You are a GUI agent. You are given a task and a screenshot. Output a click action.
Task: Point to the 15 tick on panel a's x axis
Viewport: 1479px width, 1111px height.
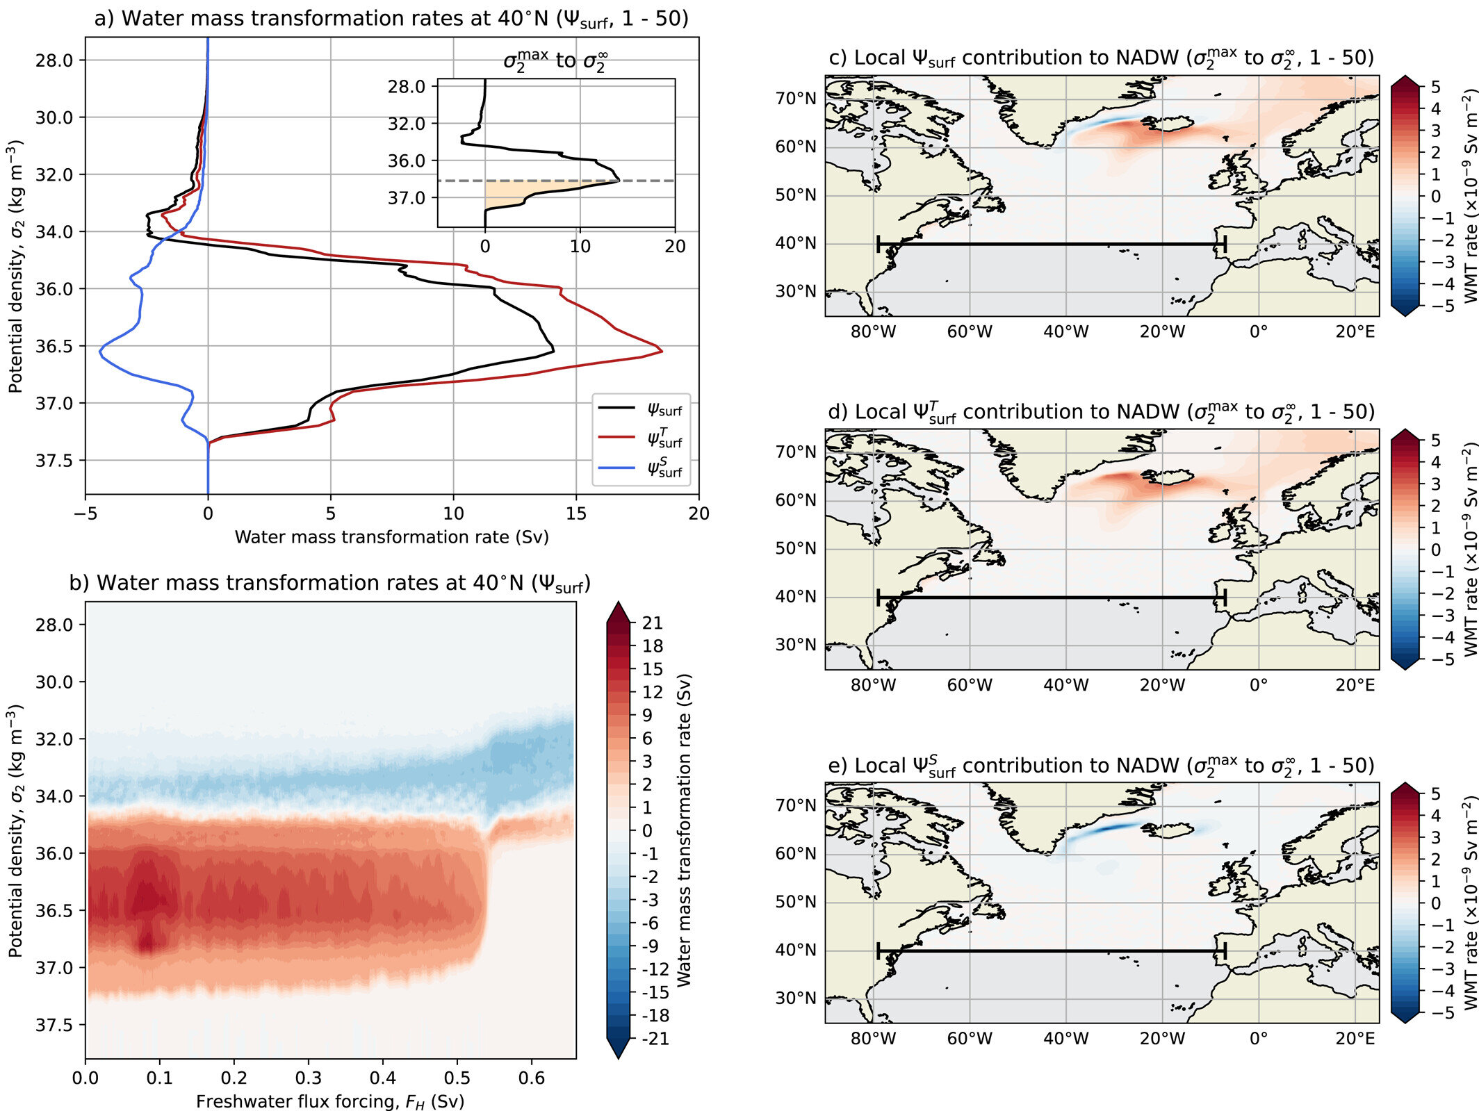[575, 513]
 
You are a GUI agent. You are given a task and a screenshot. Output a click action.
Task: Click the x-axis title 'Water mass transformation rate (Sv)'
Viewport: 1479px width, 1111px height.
[391, 537]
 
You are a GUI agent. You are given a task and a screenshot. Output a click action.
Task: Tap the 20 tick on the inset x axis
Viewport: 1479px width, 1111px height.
[674, 246]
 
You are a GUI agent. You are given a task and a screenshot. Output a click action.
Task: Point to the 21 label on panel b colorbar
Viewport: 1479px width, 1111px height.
[652, 623]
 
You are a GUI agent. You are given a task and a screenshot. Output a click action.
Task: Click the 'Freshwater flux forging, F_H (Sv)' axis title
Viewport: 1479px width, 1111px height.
[329, 1101]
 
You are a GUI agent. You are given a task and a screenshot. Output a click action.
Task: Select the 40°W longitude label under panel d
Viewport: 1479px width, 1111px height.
[1065, 686]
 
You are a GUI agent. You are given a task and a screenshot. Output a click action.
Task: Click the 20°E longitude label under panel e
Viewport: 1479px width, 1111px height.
[1355, 1039]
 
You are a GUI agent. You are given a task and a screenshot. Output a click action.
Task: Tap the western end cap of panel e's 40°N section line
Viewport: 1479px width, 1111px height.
[879, 950]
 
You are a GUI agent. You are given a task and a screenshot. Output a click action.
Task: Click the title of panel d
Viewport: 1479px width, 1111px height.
[1101, 412]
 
